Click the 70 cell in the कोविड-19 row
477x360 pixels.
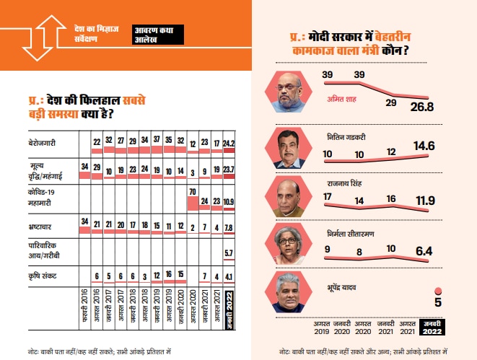coord(193,191)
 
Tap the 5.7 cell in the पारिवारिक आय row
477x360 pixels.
coord(229,253)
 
